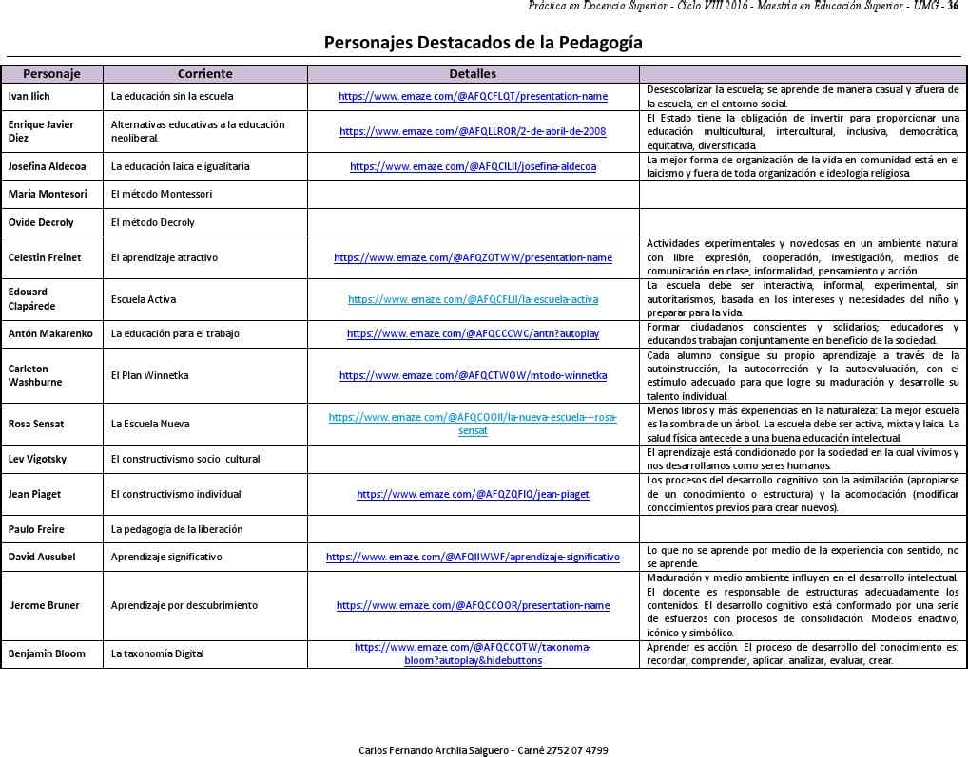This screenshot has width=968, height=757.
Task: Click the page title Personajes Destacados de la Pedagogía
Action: (x=483, y=43)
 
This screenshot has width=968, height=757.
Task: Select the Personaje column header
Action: (x=51, y=73)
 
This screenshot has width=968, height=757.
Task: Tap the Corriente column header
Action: (x=204, y=73)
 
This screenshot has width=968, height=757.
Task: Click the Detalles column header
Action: (x=473, y=73)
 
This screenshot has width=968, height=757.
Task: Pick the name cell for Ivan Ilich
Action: (x=29, y=96)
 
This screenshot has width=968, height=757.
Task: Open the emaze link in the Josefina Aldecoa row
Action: (x=473, y=166)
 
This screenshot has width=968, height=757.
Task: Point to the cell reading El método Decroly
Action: (x=152, y=222)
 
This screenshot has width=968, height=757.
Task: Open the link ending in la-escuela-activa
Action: (x=473, y=299)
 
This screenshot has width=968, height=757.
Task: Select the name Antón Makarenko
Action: (x=50, y=333)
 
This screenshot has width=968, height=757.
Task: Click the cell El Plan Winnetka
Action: (x=149, y=375)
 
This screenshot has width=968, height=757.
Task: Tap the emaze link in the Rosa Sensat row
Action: (x=473, y=424)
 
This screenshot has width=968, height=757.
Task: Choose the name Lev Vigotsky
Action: (x=37, y=459)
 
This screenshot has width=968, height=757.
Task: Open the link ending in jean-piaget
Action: (x=473, y=494)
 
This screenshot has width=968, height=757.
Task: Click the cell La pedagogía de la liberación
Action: (x=177, y=529)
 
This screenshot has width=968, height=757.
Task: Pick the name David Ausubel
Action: (x=42, y=557)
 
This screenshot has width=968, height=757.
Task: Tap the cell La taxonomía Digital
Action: (x=157, y=653)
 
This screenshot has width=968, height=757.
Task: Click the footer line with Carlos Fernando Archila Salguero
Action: (x=483, y=750)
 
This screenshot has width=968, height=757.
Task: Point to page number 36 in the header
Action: (x=953, y=7)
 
